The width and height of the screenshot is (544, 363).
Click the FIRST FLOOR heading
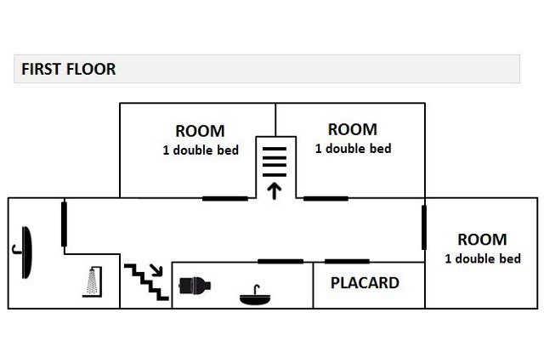pyautogui.click(x=68, y=69)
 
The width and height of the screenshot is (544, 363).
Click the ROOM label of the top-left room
pyautogui.click(x=200, y=131)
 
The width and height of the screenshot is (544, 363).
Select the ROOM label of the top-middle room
pyautogui.click(x=352, y=129)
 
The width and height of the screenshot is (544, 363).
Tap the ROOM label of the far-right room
pyautogui.click(x=481, y=240)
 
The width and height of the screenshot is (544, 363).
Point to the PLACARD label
pyautogui.click(x=365, y=283)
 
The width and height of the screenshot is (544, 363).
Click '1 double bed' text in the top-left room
pyautogui.click(x=200, y=150)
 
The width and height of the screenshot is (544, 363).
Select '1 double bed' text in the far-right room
pyautogui.click(x=482, y=258)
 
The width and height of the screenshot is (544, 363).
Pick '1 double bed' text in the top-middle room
pyautogui.click(x=353, y=149)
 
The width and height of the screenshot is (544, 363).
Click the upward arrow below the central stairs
pyautogui.click(x=274, y=189)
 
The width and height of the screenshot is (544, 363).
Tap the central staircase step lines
pyautogui.click(x=274, y=158)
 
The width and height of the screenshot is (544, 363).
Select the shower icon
pyautogui.click(x=90, y=281)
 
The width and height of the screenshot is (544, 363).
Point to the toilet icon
pyautogui.click(x=195, y=284)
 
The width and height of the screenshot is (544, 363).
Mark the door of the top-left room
pyautogui.click(x=225, y=198)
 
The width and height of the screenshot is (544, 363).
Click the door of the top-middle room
pyautogui.click(x=326, y=198)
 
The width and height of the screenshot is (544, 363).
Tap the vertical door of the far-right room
pyautogui.click(x=423, y=226)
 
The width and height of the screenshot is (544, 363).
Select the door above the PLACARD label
pyautogui.click(x=347, y=261)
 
